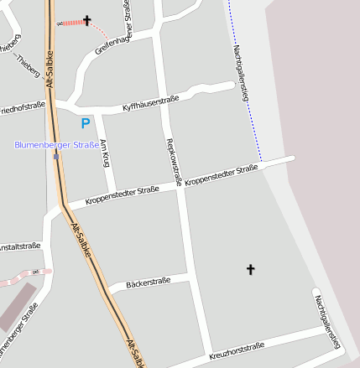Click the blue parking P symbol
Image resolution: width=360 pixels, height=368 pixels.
click(85, 123)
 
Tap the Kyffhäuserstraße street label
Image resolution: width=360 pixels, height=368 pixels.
click(153, 102)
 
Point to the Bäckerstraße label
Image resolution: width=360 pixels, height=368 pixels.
click(148, 282)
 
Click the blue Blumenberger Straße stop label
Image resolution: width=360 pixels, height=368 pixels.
click(56, 144)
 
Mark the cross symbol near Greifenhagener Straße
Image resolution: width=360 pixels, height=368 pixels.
click(87, 19)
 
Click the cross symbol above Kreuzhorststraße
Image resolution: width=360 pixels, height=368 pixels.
click(249, 269)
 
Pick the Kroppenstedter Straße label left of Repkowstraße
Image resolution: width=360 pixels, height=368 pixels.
click(123, 195)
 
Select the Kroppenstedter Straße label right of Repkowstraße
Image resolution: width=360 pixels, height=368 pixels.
click(221, 176)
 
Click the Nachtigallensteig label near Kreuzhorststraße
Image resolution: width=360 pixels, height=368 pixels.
click(327, 321)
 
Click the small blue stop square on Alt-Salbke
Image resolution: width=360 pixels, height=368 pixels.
click(55, 156)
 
